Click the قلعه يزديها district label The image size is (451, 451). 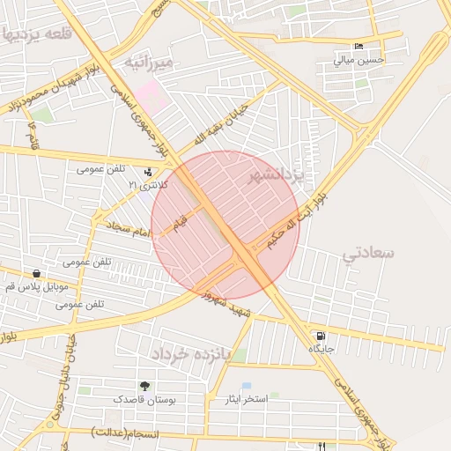point(35,34)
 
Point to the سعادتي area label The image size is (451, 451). point(369,254)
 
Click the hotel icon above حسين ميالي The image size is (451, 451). point(357,47)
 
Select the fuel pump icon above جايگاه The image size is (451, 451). point(319,336)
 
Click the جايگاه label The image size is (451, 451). point(321,350)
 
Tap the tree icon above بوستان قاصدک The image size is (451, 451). point(144,386)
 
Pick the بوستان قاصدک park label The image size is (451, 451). point(144,399)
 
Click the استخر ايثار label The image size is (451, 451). point(248,399)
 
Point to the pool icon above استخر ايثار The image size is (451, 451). point(247,386)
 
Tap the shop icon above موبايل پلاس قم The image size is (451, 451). point(35,273)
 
